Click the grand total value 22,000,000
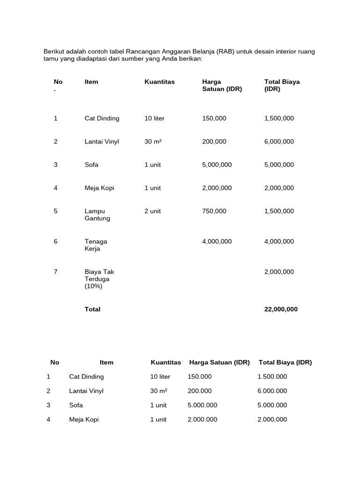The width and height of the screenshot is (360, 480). [281, 309]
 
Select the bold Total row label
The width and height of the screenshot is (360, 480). [92, 309]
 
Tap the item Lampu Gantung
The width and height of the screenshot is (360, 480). [97, 215]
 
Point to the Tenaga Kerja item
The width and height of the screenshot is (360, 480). [96, 245]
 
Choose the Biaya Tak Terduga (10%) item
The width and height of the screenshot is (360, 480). [99, 279]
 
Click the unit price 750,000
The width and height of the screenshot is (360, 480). [214, 211]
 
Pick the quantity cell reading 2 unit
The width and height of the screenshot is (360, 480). [152, 211]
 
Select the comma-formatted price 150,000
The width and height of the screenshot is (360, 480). [214, 119]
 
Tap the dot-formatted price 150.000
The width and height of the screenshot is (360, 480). [199, 377]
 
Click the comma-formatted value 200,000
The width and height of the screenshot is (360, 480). [214, 142]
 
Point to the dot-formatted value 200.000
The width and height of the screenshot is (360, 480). [199, 391]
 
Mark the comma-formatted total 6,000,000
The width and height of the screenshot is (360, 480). [279, 142]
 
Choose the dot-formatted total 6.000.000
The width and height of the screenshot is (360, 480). [272, 391]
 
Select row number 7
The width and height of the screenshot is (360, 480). [56, 272]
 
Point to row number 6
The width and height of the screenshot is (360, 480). [56, 241]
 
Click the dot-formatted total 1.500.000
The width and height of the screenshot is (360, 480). [272, 377]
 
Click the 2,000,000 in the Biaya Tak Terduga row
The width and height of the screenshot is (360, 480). [279, 272]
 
